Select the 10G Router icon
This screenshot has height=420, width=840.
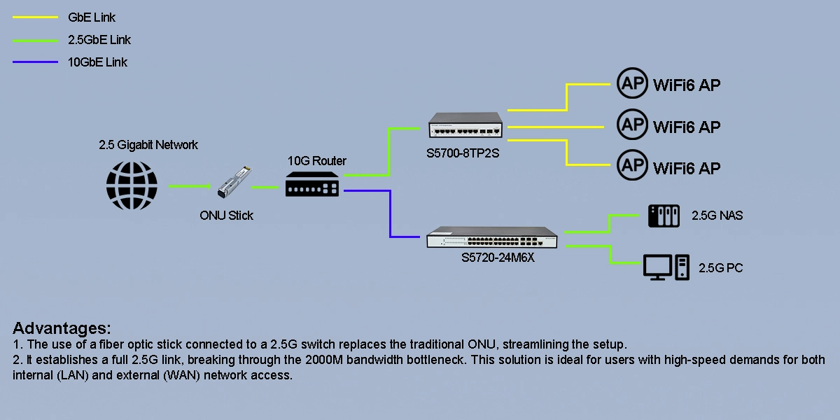[x=312, y=186]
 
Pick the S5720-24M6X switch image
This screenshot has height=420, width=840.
[x=495, y=237]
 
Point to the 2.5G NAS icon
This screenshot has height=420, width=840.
[x=664, y=216]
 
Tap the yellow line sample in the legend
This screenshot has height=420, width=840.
[x=35, y=17]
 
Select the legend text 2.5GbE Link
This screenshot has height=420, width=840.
[x=99, y=40]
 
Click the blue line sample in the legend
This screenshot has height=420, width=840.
[x=35, y=62]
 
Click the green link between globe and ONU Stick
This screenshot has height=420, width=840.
[x=190, y=186]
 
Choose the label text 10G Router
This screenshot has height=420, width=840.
[x=317, y=161]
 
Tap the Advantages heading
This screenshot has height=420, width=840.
[x=62, y=328]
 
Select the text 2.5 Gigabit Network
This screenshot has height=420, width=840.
[x=148, y=145]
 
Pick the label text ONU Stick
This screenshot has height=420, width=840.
[x=226, y=216]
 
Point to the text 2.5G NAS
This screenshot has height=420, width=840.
[x=717, y=216]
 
